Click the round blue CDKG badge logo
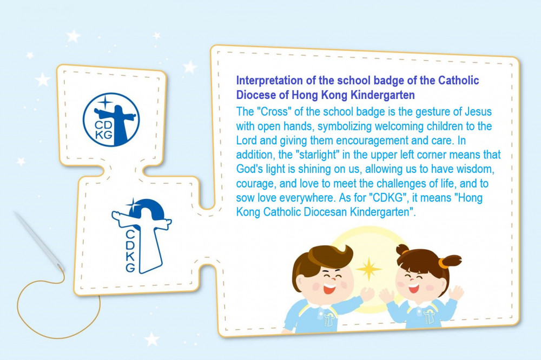click(111, 119)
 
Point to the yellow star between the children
click(368, 269)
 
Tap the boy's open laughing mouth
click(328, 288)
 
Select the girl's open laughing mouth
click(413, 288)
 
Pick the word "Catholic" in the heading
click(459, 81)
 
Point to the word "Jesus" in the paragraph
click(478, 112)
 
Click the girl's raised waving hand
click(456, 293)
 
